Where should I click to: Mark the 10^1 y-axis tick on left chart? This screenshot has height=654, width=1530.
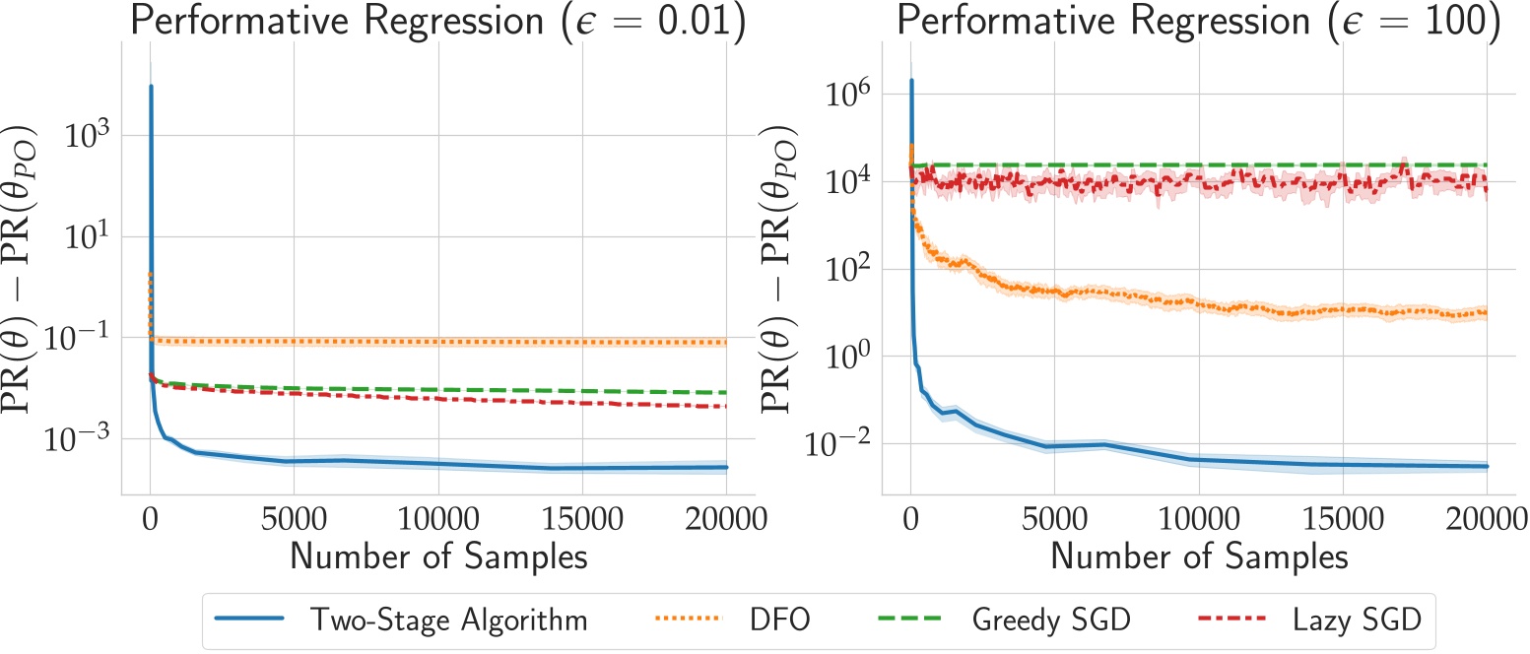[x=87, y=236]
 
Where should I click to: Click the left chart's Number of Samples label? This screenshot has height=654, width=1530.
[x=438, y=556]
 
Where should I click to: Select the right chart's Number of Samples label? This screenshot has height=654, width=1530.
[x=1199, y=556]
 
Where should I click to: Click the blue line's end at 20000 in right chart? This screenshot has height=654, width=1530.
[x=1486, y=466]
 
